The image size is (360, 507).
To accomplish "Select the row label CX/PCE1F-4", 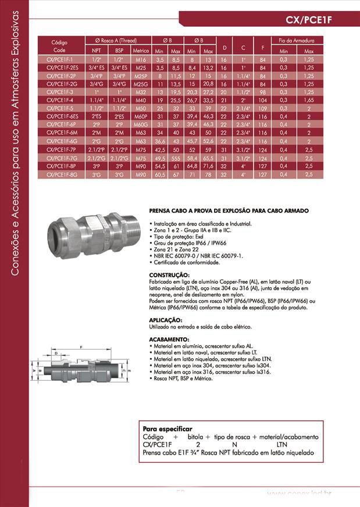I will [x=60, y=100].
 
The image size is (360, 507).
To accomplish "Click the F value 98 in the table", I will [x=263, y=92].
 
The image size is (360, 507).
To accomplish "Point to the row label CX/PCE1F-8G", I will [x=60, y=174].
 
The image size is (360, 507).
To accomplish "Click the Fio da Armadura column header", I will [x=296, y=41].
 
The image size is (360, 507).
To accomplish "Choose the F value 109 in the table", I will [x=263, y=108].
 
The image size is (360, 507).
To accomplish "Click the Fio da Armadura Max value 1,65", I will [x=309, y=100].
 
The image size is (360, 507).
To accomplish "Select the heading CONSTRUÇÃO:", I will [x=169, y=274].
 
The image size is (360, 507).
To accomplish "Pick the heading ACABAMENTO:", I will [x=169, y=338].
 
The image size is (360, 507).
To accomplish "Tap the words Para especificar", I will [x=167, y=429].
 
